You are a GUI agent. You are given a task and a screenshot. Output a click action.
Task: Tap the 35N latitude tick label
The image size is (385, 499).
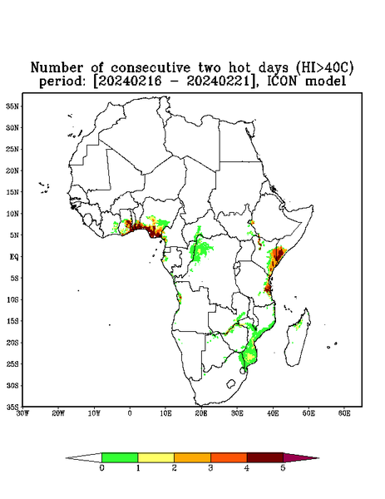click(12, 106)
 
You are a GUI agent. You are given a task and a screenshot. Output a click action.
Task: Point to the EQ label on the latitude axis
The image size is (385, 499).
click(14, 256)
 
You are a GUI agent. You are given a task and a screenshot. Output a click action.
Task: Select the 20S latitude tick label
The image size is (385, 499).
click(12, 343)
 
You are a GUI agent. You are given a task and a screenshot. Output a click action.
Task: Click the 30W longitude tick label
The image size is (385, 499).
click(22, 413)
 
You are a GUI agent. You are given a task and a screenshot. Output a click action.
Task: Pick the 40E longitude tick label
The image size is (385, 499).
click(273, 413)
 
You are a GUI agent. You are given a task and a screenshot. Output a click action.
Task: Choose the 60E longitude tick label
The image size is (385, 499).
click(344, 413)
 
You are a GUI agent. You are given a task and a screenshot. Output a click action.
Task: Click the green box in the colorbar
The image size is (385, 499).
click(120, 457)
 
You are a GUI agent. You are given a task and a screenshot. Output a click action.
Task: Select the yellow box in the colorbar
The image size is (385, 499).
click(155, 457)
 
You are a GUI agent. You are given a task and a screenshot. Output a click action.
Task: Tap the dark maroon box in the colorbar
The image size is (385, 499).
click(265, 457)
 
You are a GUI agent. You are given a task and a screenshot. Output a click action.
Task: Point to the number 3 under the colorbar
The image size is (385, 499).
click(210, 468)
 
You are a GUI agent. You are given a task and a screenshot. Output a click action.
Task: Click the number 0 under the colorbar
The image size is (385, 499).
click(101, 468)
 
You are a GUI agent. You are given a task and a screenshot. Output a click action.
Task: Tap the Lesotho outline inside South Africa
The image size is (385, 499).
click(230, 383)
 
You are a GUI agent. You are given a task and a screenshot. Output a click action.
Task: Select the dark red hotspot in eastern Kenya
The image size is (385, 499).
click(279, 254)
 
